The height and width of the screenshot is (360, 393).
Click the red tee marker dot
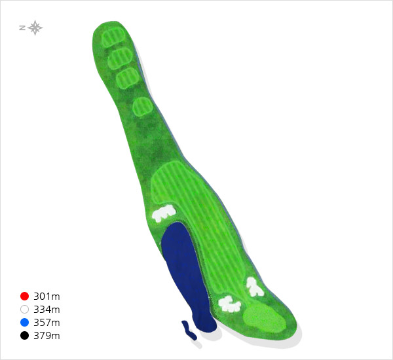point(25,296)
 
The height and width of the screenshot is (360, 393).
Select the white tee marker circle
point(25,310)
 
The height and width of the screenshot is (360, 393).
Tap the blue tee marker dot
point(25,323)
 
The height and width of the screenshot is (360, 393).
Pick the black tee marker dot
point(25,335)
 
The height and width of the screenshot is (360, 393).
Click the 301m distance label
point(47,297)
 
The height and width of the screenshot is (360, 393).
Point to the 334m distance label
point(47,310)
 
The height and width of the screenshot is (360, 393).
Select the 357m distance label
point(47,323)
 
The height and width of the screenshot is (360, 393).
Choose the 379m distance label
point(47,336)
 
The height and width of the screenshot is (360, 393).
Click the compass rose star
point(35,27)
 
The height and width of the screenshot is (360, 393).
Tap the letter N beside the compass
point(22,27)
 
